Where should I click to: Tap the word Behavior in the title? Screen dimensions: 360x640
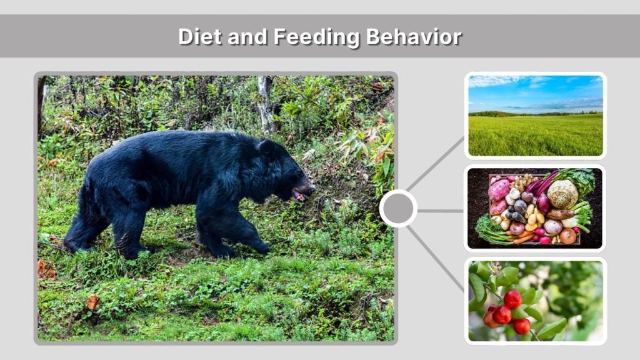coord(414,37)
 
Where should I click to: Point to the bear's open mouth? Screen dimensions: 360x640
coord(301,194)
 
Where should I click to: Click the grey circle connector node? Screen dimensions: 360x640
coord(398,209)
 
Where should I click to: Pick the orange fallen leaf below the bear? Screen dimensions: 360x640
coord(92,302)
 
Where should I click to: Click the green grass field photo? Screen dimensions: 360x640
coord(536,134)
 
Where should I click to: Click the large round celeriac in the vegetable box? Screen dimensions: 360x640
coord(562,194)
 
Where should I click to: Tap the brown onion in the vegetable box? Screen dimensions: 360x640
coord(567,236)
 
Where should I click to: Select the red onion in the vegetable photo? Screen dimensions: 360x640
coord(543,203)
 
